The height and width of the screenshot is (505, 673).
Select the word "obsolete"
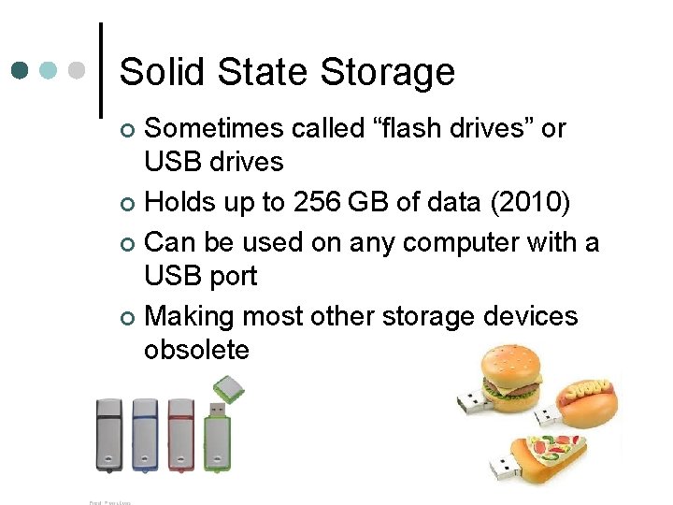coord(196,350)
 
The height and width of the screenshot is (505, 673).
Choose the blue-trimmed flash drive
coord(145,435)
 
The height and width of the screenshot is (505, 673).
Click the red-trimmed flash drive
coord(180,435)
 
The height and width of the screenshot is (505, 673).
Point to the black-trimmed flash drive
coord(109,435)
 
